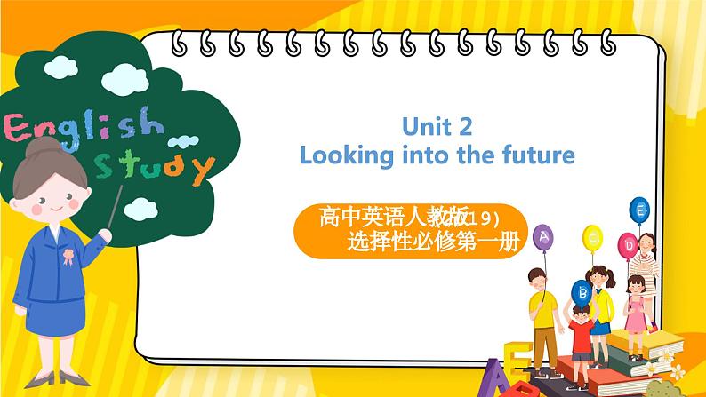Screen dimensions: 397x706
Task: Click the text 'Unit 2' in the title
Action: [x=434, y=124]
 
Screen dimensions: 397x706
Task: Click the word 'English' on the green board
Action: [x=84, y=129]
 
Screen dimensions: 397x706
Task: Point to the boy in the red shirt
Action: [x=580, y=333]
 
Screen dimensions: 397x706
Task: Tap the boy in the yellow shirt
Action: [x=540, y=311]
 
